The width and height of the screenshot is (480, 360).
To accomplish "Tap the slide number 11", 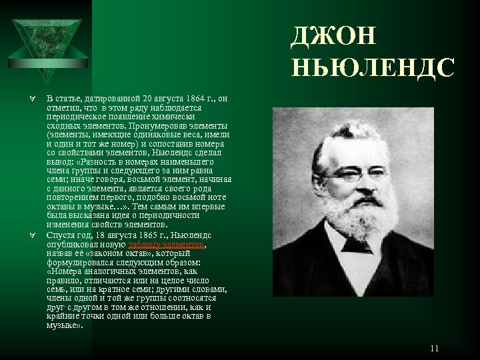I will click(435, 348).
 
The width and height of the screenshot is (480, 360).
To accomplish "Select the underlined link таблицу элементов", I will click(176, 245).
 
